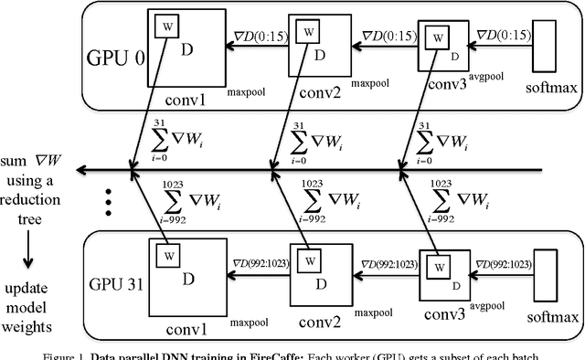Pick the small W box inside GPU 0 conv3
tap(440, 38)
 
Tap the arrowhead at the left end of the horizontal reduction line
tap(82, 170)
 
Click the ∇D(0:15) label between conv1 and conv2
tap(257, 37)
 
